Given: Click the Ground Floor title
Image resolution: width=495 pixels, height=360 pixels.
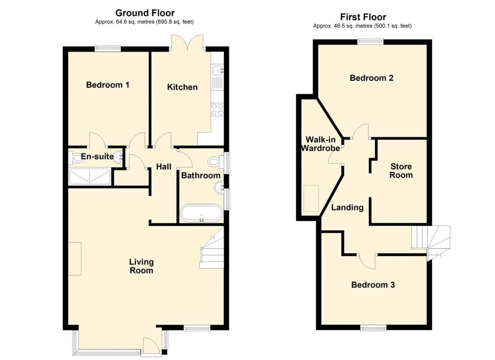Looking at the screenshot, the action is tap(145, 13).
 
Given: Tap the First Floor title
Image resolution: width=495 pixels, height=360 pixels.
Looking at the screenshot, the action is tap(363, 17).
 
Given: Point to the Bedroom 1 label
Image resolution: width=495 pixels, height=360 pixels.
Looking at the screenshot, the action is tap(108, 85).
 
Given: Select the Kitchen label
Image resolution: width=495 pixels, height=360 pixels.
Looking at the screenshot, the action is tap(182, 87).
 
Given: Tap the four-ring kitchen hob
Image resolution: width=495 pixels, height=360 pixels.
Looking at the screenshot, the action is tap(217, 110).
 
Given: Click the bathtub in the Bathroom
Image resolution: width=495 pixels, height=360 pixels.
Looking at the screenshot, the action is tap(202, 213).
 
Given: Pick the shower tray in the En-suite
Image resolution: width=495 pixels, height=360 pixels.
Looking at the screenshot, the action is tap(89, 177).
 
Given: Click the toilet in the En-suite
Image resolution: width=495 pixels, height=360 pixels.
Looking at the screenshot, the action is tap(74, 158).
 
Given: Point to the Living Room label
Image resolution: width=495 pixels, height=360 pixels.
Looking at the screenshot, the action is tap(142, 266).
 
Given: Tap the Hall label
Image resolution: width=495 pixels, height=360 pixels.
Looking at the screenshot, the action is tap(164, 166).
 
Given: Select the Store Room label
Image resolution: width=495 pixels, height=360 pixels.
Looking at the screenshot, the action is tap(401, 171).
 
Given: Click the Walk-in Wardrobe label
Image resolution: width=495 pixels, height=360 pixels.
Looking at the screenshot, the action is tap(320, 144).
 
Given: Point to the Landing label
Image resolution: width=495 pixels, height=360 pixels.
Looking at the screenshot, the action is tap(347, 208).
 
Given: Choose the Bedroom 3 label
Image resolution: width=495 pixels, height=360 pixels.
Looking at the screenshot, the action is tap(373, 285).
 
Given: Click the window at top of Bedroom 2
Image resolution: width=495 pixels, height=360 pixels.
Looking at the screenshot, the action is tap(371, 41).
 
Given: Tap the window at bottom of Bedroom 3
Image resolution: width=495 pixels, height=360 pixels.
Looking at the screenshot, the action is tap(374, 329).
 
